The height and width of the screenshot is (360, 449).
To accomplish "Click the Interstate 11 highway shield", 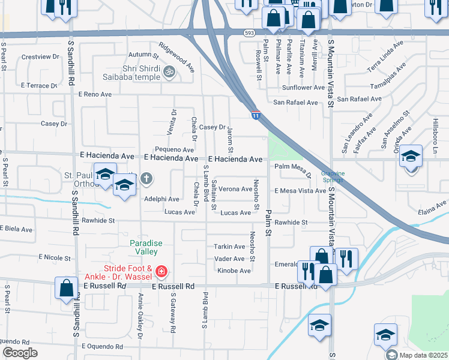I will (x=256, y=115).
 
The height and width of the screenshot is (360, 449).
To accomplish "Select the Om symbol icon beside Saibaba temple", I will (x=169, y=71).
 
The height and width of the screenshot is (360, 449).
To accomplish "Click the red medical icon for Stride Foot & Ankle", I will (x=160, y=272).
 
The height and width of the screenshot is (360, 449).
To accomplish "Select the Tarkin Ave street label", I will (x=230, y=246).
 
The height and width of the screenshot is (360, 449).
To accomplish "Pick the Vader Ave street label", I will (x=230, y=259).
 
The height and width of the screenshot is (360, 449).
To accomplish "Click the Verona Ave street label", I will (x=235, y=188).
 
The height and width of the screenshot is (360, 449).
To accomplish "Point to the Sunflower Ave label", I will (x=304, y=88).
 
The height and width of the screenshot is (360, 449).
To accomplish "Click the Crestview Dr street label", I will (x=40, y=57).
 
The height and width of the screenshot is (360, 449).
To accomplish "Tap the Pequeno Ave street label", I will (x=174, y=149).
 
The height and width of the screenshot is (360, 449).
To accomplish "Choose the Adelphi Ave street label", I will (x=161, y=199).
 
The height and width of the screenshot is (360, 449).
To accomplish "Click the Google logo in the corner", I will (x=20, y=352).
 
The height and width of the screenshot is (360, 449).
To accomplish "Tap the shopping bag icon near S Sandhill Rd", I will (x=66, y=288).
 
